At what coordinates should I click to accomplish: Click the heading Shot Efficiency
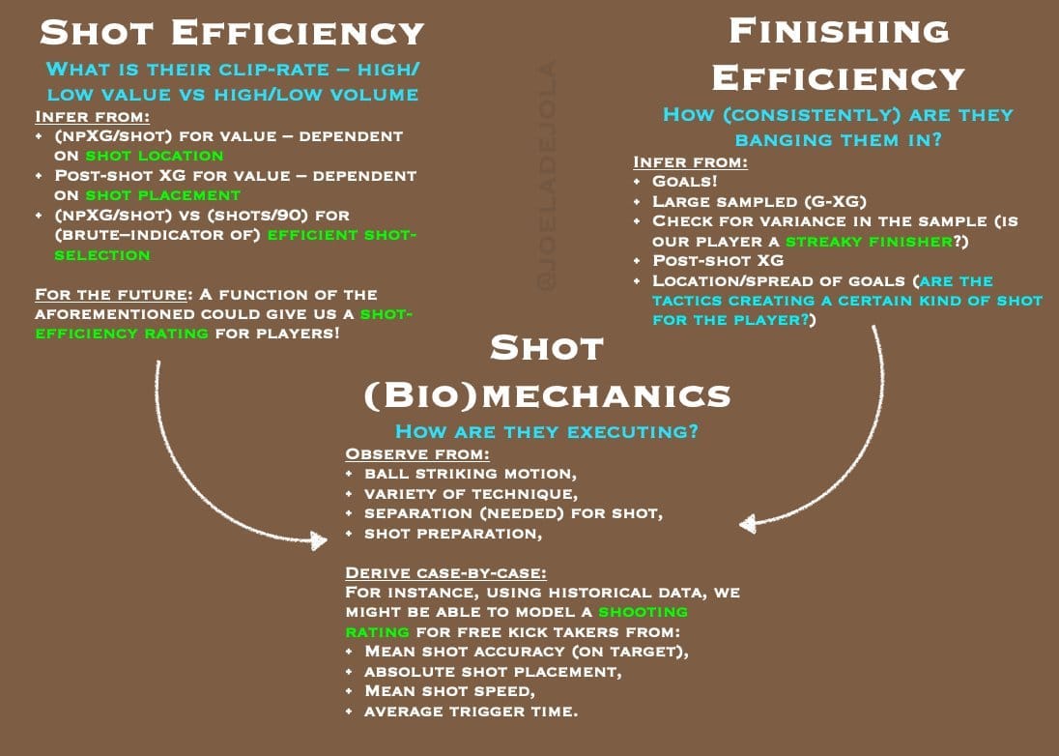coord(232,32)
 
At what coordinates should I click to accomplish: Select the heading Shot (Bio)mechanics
coord(546,371)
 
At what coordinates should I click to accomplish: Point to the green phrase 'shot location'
coord(155,155)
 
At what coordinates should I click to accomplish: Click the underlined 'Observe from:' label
coord(417,453)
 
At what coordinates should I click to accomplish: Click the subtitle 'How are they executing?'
coord(547,431)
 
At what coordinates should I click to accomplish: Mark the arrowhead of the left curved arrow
coord(319,539)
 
